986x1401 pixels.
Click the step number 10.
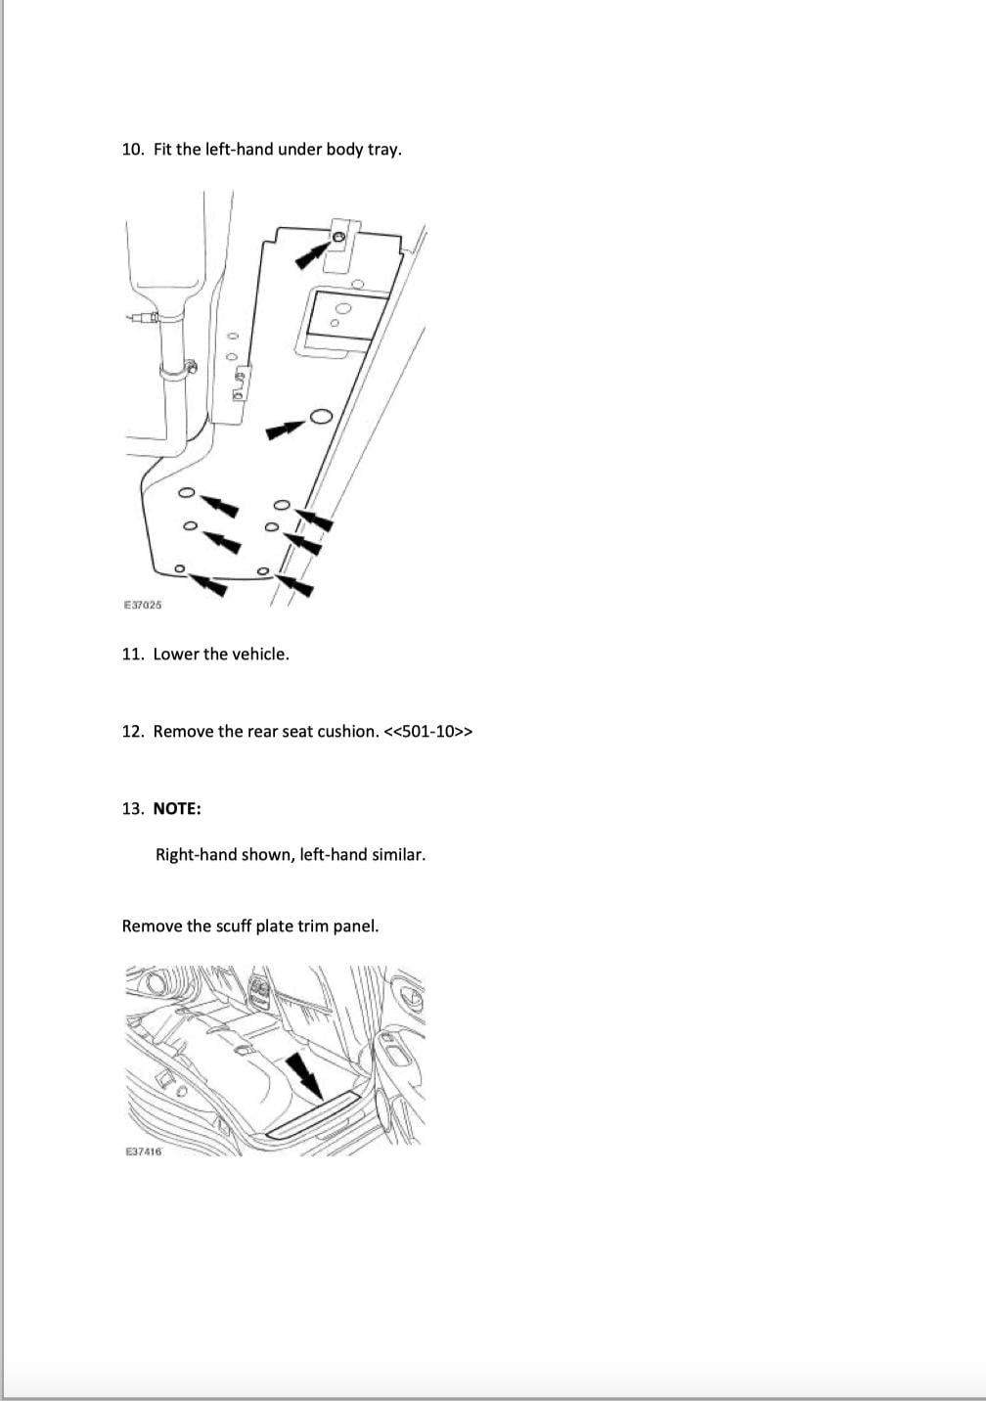(133, 150)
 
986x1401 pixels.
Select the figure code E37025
(143, 605)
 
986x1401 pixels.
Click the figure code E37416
(143, 1152)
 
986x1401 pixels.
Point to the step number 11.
(133, 655)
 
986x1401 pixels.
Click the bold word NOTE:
(178, 809)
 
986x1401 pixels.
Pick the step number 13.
(133, 809)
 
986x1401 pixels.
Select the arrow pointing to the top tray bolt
(313, 255)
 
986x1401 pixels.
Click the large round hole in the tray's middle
(321, 417)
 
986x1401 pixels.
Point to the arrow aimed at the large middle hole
(286, 429)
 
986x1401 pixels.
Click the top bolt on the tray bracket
(338, 237)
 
